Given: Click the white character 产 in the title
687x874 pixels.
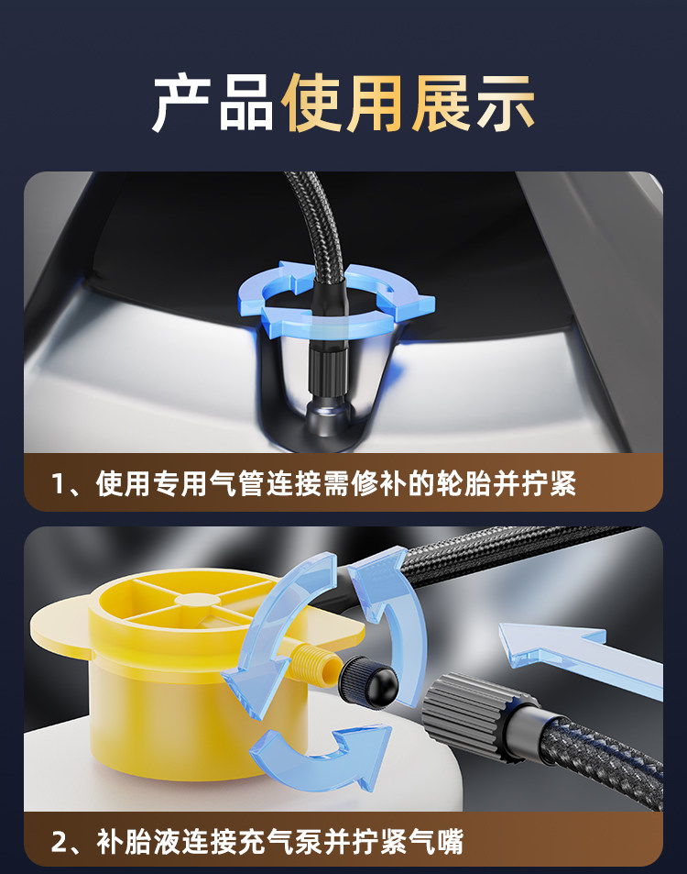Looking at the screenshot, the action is (182, 104).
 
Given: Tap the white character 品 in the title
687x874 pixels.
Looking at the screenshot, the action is (246, 104).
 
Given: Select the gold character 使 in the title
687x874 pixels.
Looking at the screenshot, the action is (311, 104).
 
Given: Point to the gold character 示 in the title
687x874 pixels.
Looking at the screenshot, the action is (505, 104).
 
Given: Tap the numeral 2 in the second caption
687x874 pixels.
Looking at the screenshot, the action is (59, 842).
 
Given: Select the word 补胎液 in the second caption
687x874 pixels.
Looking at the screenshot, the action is (138, 842).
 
